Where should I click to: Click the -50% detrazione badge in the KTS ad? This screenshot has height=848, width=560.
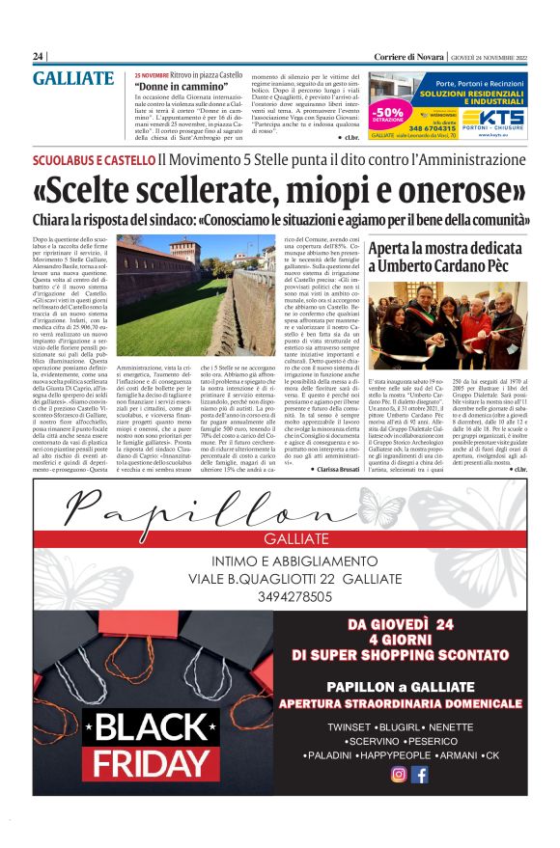click(389, 116)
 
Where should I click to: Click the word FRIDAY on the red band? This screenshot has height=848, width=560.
click(145, 762)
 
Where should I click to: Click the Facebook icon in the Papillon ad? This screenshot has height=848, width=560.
click(420, 775)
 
